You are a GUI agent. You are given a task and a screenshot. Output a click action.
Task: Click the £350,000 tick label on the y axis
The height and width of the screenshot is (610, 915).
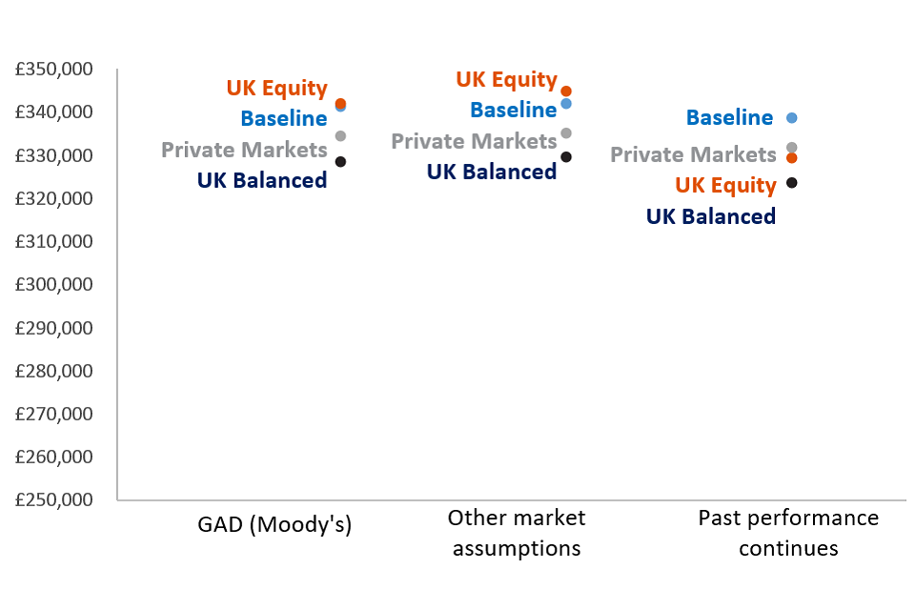point(53,69)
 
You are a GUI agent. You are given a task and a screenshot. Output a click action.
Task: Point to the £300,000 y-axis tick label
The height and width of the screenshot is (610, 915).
point(53,284)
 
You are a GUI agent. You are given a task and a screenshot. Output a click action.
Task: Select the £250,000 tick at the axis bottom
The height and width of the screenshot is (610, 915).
point(53,499)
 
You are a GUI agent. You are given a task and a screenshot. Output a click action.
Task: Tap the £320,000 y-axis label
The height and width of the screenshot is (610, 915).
point(53,198)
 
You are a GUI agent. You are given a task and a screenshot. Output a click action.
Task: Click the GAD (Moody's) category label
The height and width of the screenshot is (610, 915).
point(274,524)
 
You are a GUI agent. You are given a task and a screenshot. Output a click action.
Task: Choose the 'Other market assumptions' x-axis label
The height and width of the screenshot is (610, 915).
point(517,533)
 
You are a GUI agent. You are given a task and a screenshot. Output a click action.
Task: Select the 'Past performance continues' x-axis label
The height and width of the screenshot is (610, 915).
point(788,533)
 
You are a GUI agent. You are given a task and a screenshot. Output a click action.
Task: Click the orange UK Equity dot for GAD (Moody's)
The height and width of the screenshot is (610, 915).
point(341,103)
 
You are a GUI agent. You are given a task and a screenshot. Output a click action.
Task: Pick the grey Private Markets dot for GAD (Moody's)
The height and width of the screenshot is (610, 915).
point(341,136)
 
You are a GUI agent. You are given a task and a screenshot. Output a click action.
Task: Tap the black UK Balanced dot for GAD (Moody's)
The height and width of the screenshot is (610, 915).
point(341,162)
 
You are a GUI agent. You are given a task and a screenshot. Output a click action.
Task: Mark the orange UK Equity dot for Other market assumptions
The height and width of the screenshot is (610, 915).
point(566,91)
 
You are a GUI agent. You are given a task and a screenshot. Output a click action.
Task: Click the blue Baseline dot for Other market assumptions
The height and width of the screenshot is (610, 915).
point(566,104)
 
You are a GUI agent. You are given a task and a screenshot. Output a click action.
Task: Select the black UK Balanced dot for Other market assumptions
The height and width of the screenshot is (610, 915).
point(566,157)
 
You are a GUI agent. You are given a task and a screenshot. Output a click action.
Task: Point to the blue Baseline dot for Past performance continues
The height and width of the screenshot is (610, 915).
point(792,118)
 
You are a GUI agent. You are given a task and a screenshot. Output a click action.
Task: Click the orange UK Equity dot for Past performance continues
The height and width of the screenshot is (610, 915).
point(792,157)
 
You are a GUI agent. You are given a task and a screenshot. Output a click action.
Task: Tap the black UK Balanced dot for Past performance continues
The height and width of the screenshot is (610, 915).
point(792,183)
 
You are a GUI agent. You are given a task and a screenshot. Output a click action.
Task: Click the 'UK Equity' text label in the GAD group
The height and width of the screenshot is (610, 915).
point(277,88)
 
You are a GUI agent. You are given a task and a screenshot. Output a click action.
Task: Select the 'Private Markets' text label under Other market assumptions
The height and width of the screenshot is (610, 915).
point(474,141)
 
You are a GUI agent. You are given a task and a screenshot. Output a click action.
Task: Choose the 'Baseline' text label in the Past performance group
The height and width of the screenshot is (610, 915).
point(729,117)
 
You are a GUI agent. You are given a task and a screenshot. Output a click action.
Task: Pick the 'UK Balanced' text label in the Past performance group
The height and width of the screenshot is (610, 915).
point(711,216)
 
